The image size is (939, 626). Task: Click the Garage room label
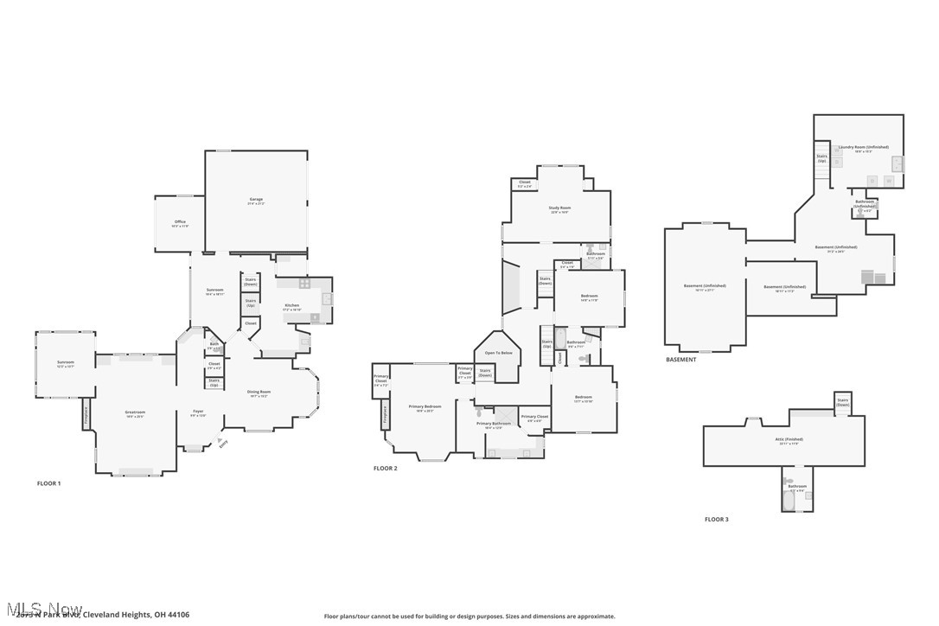click(x=256, y=200)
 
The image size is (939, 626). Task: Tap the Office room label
click(x=180, y=222)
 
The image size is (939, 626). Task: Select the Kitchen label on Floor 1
click(x=292, y=305)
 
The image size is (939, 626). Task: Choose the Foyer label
click(x=198, y=412)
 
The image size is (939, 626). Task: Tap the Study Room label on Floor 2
click(x=559, y=208)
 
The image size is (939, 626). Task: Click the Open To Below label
click(x=498, y=353)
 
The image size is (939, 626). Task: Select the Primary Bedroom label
click(x=425, y=406)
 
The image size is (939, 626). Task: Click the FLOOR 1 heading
click(x=48, y=483)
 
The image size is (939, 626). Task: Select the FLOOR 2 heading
click(x=385, y=469)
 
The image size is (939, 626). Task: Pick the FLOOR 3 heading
click(x=716, y=520)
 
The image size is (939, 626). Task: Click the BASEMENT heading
click(x=680, y=360)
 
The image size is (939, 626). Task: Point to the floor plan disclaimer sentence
click(x=469, y=616)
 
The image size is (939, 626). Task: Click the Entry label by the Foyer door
click(x=223, y=443)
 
